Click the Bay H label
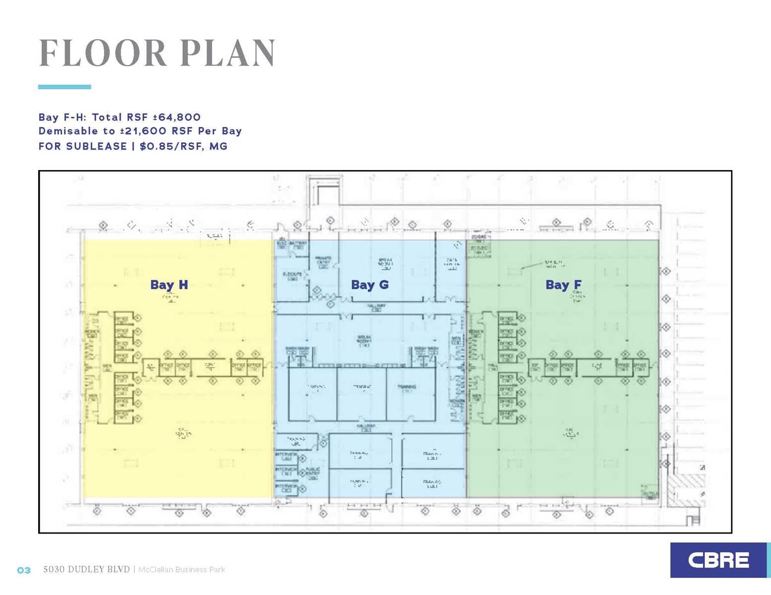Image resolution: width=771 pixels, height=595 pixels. pyautogui.click(x=169, y=285)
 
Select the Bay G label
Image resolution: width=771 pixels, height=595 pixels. pyautogui.click(x=369, y=285)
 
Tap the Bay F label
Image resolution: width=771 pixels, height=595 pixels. pyautogui.click(x=563, y=285)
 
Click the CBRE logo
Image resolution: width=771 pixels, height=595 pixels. pyautogui.click(x=718, y=560)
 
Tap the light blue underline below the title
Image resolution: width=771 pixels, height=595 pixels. pyautogui.click(x=65, y=87)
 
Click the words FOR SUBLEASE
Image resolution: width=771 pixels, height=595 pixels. pyautogui.click(x=82, y=147)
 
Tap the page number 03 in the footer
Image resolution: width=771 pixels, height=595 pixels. pyautogui.click(x=24, y=570)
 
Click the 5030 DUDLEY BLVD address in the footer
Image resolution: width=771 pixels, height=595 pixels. pyautogui.click(x=86, y=570)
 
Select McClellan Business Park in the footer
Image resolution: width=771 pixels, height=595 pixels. pyautogui.click(x=181, y=570)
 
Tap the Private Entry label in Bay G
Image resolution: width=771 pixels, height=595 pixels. pyautogui.click(x=323, y=261)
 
